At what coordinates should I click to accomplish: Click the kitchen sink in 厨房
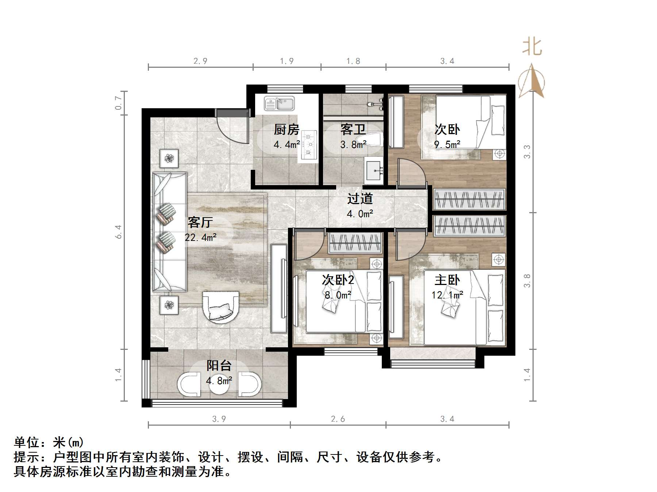pos(279,104)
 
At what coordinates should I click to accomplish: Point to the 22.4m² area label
pos(201,238)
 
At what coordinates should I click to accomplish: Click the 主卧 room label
pos(447,280)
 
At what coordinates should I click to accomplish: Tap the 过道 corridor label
pos(360,199)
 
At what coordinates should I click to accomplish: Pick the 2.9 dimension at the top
pos(200,61)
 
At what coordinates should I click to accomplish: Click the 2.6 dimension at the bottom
pos(338,419)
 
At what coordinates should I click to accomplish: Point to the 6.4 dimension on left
pos(118,232)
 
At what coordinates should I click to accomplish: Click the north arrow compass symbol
pos(532,81)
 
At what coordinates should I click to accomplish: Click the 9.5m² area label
pos(447,144)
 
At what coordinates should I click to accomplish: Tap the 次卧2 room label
pos(338,280)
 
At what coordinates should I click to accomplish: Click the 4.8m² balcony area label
pos(219,381)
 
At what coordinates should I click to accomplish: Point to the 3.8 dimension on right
pos(527,281)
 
